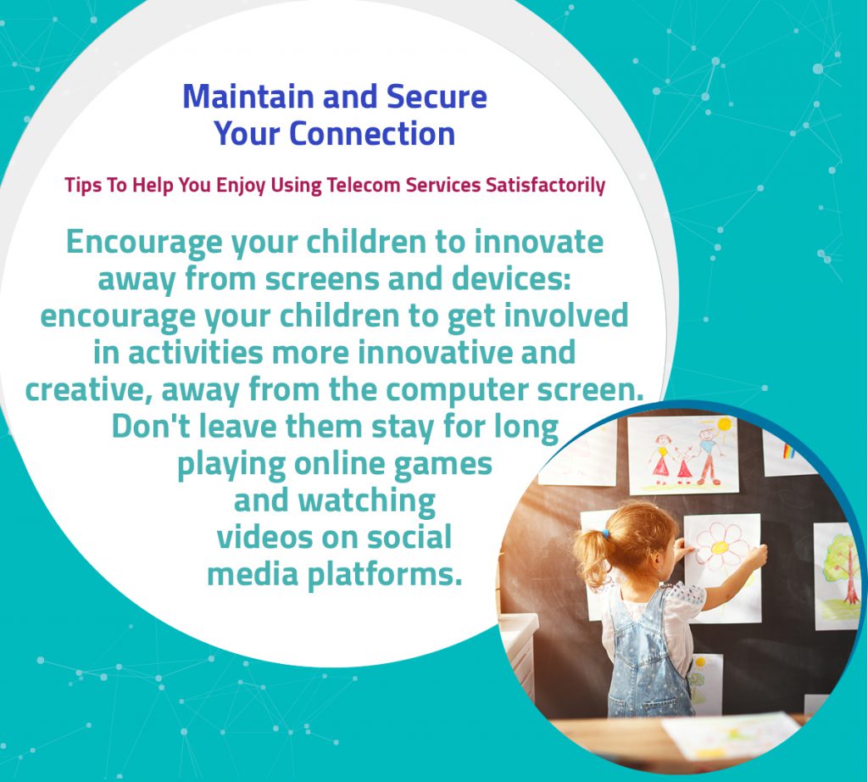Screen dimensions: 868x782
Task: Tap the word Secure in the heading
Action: click(x=437, y=97)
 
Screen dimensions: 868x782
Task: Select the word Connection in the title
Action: click(x=372, y=133)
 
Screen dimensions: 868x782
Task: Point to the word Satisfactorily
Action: click(x=545, y=185)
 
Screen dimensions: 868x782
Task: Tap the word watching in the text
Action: click(x=367, y=501)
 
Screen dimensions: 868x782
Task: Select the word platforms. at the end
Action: click(x=384, y=575)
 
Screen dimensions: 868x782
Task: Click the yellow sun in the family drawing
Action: click(x=724, y=427)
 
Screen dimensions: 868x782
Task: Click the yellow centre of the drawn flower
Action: click(x=721, y=547)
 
